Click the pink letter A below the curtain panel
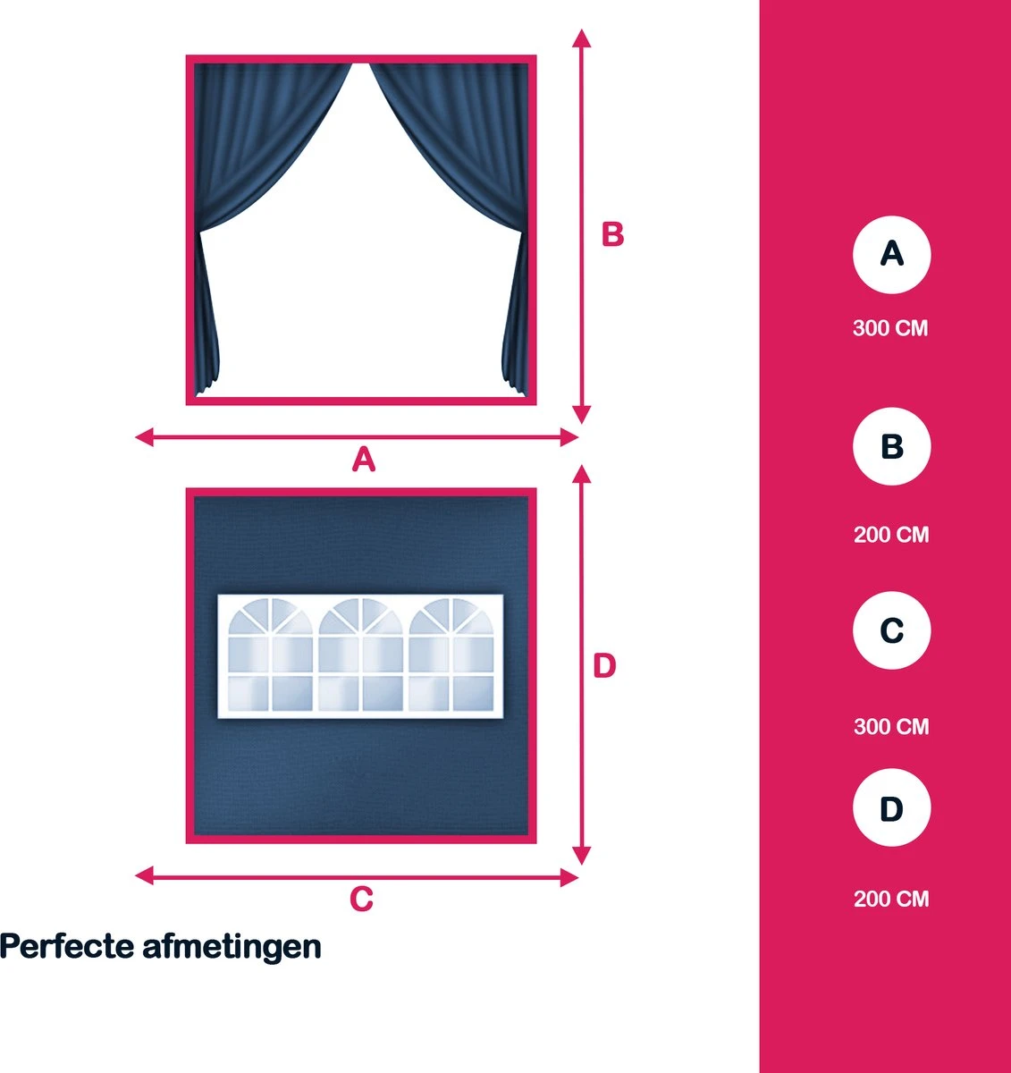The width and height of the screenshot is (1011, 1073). coord(364,460)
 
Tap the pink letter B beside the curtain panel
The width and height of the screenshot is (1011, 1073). coord(612,234)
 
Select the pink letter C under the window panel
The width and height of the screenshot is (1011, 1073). coord(361,899)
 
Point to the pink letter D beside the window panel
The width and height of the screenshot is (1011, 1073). coord(604,665)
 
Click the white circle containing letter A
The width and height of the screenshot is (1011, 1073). coord(891,255)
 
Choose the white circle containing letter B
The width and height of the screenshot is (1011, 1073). coord(891,446)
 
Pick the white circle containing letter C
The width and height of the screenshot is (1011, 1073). coord(891,630)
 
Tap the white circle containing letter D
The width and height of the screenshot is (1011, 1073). coord(891,807)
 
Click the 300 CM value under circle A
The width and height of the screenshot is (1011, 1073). coord(890,328)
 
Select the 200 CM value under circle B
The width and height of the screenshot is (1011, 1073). coord(891,535)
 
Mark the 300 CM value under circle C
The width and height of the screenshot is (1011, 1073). coord(891,727)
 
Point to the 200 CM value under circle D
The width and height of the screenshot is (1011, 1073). coord(891,899)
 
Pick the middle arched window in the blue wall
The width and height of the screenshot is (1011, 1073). coord(361,655)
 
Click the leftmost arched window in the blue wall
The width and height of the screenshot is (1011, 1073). coord(270,655)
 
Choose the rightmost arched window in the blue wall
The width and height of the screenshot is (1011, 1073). coord(451,655)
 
